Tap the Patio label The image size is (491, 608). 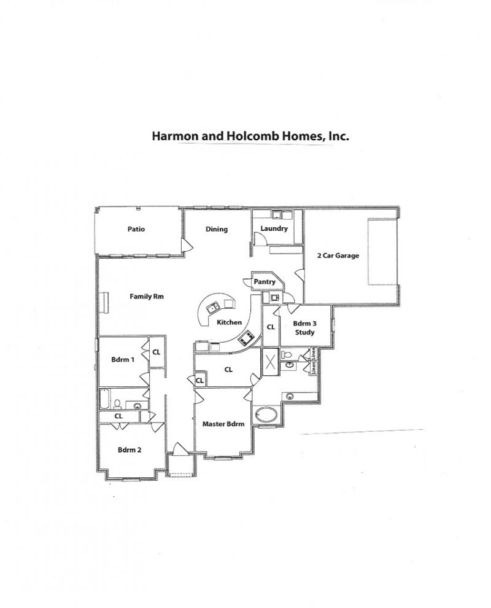pos(136,229)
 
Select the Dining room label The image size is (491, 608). pos(217,229)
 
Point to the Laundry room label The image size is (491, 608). pos(274,228)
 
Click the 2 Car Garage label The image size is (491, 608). pos(338,255)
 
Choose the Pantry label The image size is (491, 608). pos(265,282)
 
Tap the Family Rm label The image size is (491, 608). pos(146,296)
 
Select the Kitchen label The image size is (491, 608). pos(230,322)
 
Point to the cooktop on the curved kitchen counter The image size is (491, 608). pos(247,337)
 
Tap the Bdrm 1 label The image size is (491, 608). pos(123,359)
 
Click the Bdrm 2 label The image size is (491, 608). pos(130,450)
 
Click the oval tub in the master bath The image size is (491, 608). pos(266,414)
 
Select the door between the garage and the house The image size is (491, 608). pos(298,275)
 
